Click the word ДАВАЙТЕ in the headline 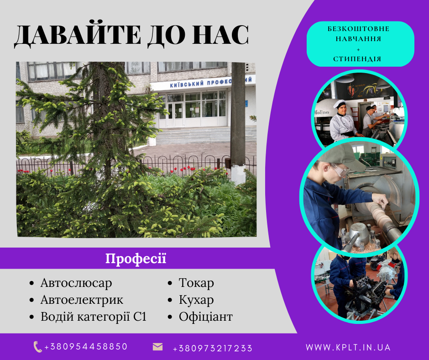pyautogui.click(x=78, y=35)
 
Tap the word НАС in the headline pyautogui.click(x=220, y=35)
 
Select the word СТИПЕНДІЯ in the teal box pyautogui.click(x=357, y=59)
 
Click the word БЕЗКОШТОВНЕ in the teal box pyautogui.click(x=358, y=29)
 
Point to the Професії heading pyautogui.click(x=136, y=259)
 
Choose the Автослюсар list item pyautogui.click(x=76, y=283)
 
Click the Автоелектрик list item pyautogui.click(x=82, y=300)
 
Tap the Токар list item pyautogui.click(x=196, y=283)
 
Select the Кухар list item pyautogui.click(x=196, y=300)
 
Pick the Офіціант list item pyautogui.click(x=206, y=317)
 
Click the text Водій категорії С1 pyautogui.click(x=94, y=317)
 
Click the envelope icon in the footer pyautogui.click(x=157, y=347)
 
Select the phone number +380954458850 pyautogui.click(x=86, y=347)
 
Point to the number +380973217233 pyautogui.click(x=213, y=348)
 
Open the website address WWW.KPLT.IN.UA pyautogui.click(x=348, y=347)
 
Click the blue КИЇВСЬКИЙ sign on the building pyautogui.click(x=187, y=84)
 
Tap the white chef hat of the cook pyautogui.click(x=339, y=104)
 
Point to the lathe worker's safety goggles pyautogui.click(x=340, y=170)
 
